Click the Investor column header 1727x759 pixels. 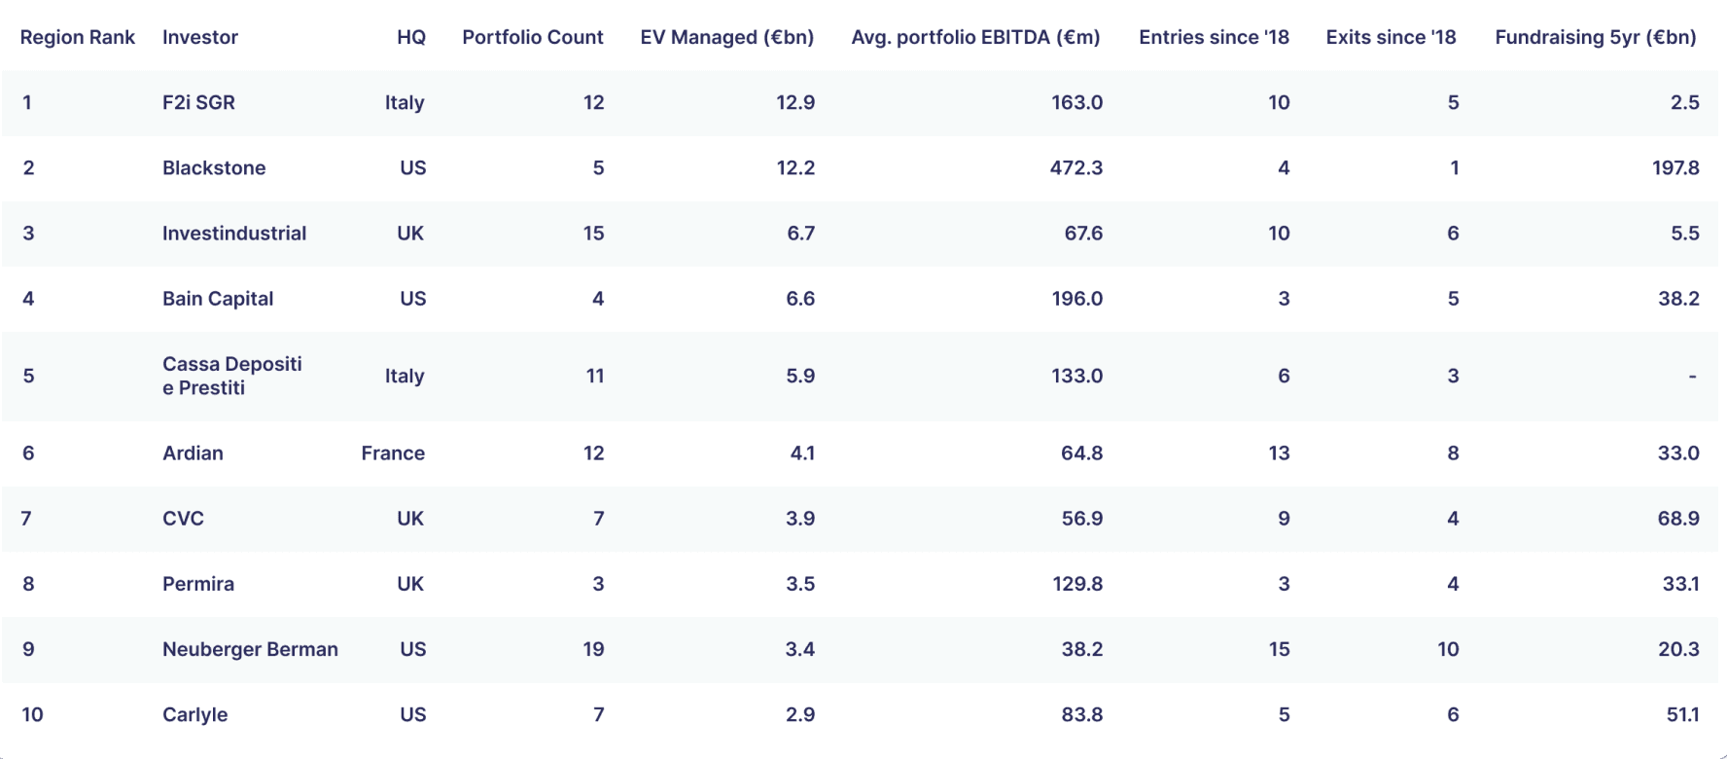click(200, 37)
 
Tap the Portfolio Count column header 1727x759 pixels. click(533, 37)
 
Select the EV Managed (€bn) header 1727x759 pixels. click(727, 37)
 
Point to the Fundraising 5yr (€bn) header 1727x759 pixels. click(1596, 37)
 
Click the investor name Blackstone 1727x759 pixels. click(214, 167)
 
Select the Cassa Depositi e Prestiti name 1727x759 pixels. click(232, 376)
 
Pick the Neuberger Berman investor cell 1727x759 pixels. click(250, 649)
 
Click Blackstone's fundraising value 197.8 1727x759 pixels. click(1675, 167)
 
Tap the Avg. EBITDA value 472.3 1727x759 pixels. click(1076, 167)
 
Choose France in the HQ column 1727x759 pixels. click(393, 452)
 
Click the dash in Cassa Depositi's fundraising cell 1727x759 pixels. click(1693, 376)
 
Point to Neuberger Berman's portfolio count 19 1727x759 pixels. click(593, 649)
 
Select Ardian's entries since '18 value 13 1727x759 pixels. click(1279, 452)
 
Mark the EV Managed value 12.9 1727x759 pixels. click(795, 102)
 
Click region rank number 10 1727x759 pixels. click(32, 714)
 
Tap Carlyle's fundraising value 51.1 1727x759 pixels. click(1683, 714)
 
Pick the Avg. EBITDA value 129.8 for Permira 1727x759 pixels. click(1077, 584)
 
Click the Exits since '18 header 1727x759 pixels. click(1391, 37)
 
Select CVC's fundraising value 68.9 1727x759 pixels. click(1679, 519)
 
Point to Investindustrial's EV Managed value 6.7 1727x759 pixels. click(801, 233)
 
